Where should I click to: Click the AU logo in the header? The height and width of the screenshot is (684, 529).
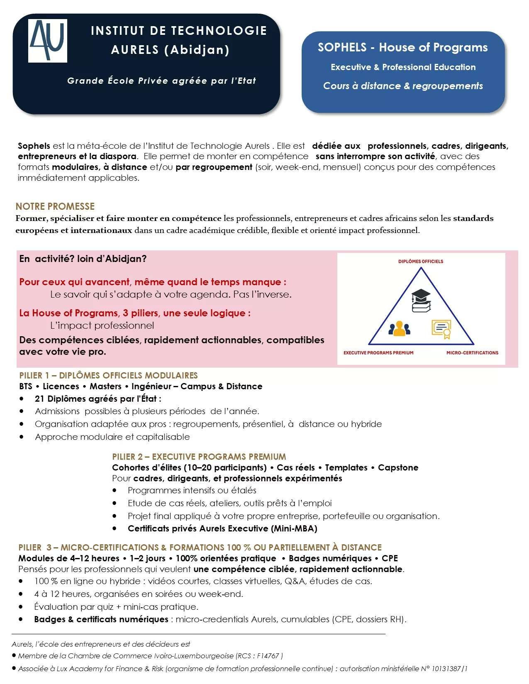[48, 41]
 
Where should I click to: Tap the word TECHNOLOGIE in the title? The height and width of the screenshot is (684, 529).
[219, 31]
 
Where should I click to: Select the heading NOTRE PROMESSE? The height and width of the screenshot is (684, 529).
[55, 206]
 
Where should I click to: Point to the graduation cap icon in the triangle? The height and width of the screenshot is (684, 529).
[421, 300]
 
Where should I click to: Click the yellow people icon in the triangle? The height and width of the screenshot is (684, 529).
[399, 328]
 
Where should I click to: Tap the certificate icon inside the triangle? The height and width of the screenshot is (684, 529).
[441, 329]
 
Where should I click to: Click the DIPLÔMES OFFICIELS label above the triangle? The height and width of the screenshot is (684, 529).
[421, 262]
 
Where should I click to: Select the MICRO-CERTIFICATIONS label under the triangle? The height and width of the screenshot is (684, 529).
[472, 353]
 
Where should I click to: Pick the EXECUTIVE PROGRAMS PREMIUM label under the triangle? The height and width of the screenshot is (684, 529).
[378, 353]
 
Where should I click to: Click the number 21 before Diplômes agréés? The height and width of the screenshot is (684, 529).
[39, 399]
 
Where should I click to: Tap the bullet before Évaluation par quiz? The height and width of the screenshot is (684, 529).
[21, 606]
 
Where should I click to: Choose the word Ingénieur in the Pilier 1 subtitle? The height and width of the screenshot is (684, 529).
[151, 386]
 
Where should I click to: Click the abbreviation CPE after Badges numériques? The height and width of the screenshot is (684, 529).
[390, 558]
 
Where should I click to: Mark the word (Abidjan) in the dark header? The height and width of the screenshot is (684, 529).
[197, 50]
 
